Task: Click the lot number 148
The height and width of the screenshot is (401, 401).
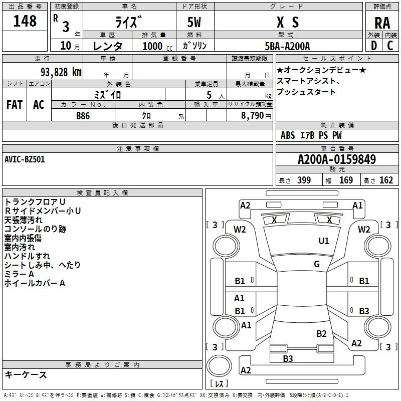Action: click(25, 21)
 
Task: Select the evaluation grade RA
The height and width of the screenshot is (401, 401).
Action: click(382, 23)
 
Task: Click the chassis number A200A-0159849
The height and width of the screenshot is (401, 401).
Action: click(337, 160)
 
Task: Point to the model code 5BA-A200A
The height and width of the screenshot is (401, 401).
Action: click(287, 46)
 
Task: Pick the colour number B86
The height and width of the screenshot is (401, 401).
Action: click(83, 115)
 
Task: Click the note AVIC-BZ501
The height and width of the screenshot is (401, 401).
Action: click(25, 159)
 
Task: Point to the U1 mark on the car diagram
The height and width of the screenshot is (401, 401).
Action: click(324, 241)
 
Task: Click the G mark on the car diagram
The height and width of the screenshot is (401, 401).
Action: click(317, 264)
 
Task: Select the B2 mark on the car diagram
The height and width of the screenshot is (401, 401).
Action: click(321, 333)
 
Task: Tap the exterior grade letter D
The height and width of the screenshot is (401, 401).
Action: click(373, 46)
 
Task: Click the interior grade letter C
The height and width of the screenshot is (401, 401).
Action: click(390, 46)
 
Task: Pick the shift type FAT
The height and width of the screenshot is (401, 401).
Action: click(15, 105)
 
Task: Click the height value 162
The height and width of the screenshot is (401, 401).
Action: click(386, 180)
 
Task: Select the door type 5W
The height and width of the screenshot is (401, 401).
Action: click(194, 22)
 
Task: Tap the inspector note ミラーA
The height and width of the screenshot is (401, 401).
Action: click(20, 274)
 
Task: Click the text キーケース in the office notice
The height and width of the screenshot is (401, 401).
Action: click(26, 374)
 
